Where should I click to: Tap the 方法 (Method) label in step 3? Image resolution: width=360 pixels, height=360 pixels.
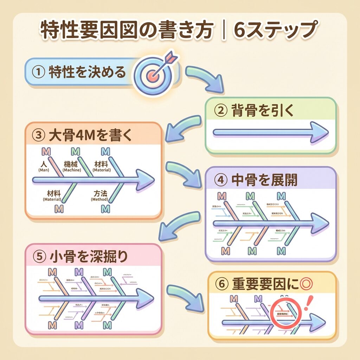(99, 195)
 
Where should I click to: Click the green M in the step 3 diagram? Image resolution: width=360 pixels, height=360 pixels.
(76, 152)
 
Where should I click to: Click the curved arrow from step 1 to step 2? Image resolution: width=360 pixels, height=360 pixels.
(206, 78)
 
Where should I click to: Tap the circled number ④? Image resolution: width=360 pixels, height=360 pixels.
(220, 181)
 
